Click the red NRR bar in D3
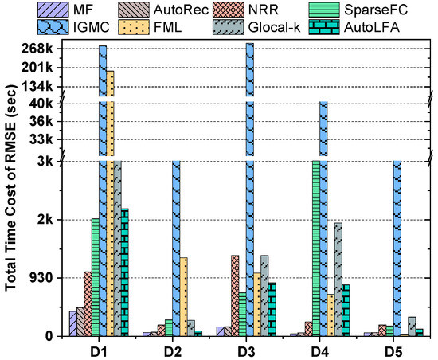pyautogui.click(x=235, y=295)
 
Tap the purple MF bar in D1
pyautogui.click(x=73, y=323)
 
